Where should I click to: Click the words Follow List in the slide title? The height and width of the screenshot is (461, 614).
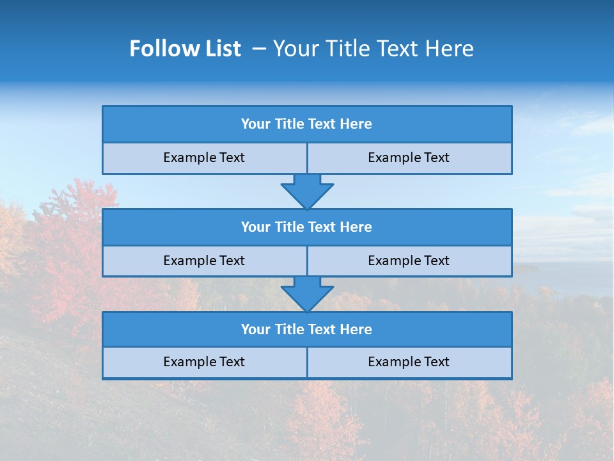[185, 49]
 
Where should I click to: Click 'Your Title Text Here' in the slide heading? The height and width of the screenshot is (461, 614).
[373, 49]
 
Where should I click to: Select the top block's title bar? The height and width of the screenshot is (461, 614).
[307, 124]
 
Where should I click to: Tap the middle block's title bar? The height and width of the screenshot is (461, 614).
[307, 227]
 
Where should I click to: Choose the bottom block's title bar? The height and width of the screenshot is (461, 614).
[307, 330]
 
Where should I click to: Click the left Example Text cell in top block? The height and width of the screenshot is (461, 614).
[204, 158]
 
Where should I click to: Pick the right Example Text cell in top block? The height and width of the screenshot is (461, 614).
[409, 158]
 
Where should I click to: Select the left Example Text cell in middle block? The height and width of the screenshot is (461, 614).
[204, 261]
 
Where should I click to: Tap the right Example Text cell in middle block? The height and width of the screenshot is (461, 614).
[409, 261]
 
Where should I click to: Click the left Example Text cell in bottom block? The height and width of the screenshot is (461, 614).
[204, 362]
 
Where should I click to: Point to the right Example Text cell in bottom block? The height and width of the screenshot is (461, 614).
[409, 362]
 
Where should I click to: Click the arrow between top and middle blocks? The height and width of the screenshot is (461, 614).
[307, 191]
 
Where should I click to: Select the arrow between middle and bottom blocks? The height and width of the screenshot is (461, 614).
[307, 294]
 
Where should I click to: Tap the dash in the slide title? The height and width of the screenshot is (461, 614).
[259, 49]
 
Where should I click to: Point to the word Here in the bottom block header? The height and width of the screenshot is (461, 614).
[356, 330]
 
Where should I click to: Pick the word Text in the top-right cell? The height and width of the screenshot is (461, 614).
[437, 158]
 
